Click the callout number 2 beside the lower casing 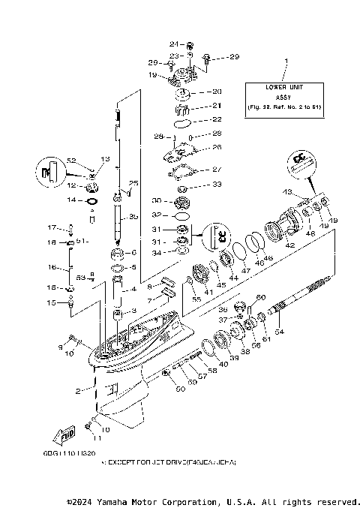78,390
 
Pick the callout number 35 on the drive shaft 133,217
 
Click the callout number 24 172,44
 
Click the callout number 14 72,200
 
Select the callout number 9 61,347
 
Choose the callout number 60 261,297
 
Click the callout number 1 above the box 285,59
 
